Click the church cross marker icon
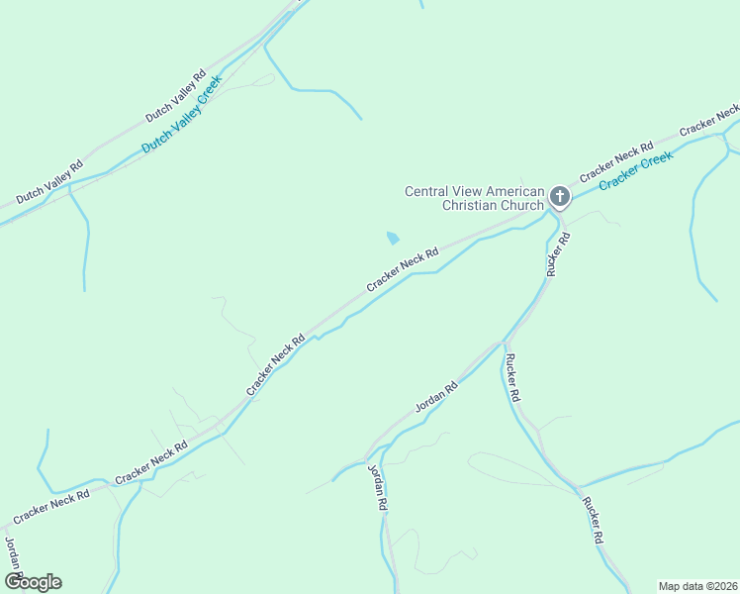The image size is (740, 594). [559, 197]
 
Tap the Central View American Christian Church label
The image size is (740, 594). [475, 198]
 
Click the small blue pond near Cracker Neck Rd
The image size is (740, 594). [393, 238]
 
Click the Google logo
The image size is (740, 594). [33, 582]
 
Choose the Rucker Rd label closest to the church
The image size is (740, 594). [557, 253]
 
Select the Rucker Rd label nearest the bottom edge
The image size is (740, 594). [592, 522]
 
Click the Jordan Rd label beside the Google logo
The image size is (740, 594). [13, 556]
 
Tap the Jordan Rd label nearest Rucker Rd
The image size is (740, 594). [436, 395]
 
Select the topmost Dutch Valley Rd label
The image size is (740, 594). [175, 96]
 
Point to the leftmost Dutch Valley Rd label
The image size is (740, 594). [48, 179]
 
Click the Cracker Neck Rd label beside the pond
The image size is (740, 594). [402, 269]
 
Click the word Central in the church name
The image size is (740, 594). [427, 191]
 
